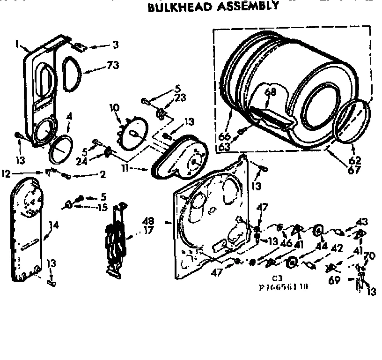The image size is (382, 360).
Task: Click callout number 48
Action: coord(149,220)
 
